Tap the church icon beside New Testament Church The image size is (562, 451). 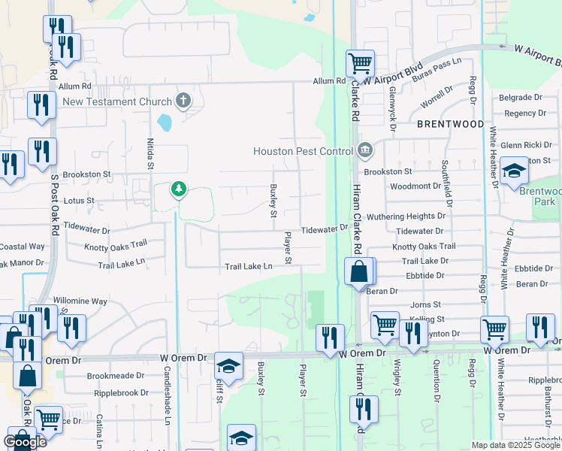pos(183,101)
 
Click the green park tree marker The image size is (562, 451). pos(178,189)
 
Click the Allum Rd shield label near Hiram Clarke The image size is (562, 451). pos(330,80)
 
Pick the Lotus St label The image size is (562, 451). pos(79,201)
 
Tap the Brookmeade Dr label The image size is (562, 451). pos(116,375)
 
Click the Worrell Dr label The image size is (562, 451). pos(437,99)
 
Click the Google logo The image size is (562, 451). pos(25,442)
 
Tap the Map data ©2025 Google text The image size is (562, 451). pos(515,445)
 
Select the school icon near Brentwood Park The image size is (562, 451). pos(515,171)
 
